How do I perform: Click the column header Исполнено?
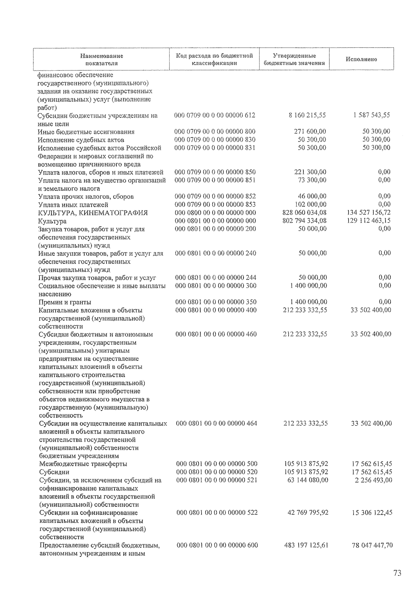click(x=361, y=59)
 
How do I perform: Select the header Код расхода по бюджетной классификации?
click(x=214, y=59)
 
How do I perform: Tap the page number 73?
click(x=397, y=573)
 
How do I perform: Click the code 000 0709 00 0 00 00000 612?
click(x=215, y=115)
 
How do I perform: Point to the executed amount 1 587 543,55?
click(x=371, y=115)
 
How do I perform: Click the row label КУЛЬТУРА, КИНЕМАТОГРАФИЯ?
click(x=93, y=213)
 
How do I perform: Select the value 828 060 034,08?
click(x=304, y=212)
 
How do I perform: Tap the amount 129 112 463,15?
click(x=369, y=221)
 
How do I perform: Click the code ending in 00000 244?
click(x=216, y=278)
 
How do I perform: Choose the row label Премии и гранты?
click(x=65, y=302)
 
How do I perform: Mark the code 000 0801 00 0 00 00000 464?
click(x=216, y=423)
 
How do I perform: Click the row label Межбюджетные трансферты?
click(x=83, y=464)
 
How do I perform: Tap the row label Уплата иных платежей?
click(x=73, y=205)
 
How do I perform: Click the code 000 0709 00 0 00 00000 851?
click(x=215, y=180)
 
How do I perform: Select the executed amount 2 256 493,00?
click(x=373, y=480)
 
